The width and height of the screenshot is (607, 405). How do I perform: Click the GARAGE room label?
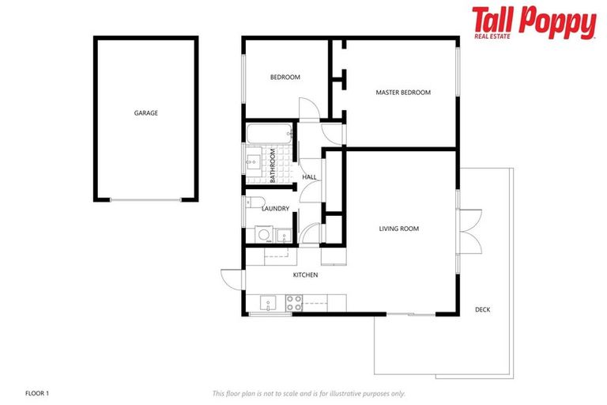[145, 113]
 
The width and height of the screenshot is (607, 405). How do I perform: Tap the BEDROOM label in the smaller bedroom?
[285, 77]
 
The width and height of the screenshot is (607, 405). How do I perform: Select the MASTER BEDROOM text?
[402, 93]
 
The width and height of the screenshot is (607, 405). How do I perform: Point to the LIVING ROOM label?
[398, 229]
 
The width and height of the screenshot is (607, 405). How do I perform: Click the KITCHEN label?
[305, 275]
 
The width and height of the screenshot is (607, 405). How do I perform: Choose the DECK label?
[482, 309]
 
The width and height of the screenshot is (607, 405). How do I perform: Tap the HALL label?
[309, 177]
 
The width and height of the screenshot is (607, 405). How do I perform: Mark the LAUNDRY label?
[275, 209]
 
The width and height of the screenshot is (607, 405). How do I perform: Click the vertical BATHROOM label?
[273, 166]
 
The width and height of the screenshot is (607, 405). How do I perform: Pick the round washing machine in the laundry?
[262, 234]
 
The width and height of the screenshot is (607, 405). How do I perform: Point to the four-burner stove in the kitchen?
[293, 301]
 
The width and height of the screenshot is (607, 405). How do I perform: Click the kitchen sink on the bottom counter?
[268, 302]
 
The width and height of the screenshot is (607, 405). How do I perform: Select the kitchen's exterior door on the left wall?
[233, 278]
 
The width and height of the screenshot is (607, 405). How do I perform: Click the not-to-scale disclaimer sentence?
[309, 392]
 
